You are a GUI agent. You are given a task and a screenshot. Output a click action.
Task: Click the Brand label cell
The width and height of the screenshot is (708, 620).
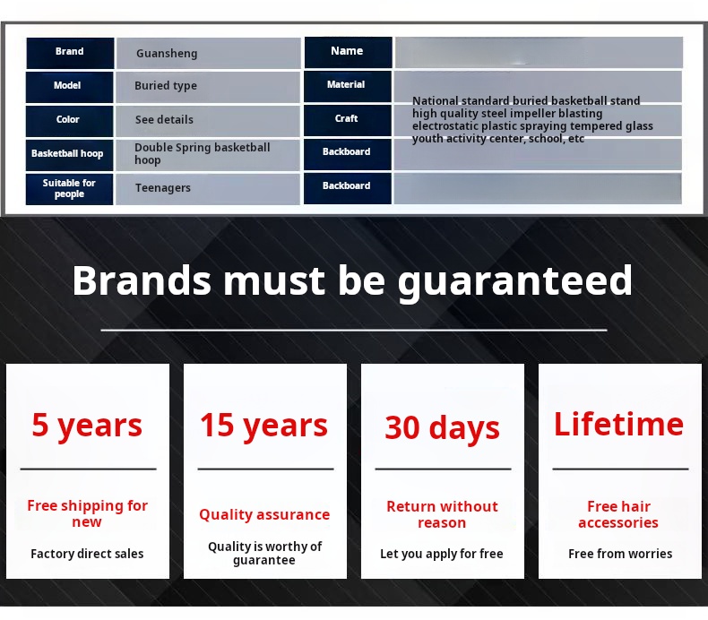(70, 53)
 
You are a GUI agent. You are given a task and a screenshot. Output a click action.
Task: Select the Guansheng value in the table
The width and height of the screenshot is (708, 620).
(167, 53)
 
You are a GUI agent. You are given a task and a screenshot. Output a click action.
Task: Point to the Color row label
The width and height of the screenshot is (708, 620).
(69, 121)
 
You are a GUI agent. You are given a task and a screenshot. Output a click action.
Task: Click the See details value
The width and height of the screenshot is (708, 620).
(164, 120)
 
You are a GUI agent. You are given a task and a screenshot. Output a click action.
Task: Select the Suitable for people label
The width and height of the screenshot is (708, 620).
(69, 189)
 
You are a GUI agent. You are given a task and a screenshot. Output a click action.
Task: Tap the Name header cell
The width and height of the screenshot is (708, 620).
(348, 52)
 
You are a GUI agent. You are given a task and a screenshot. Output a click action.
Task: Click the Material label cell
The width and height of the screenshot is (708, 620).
(347, 86)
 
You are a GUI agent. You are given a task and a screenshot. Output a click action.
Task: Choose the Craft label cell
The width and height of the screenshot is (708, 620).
(347, 120)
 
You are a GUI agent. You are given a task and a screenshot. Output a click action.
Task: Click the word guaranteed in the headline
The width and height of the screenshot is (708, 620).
(514, 281)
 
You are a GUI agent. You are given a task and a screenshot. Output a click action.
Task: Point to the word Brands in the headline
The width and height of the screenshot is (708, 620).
(142, 280)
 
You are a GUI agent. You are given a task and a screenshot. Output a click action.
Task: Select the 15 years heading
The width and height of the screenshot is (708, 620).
(263, 426)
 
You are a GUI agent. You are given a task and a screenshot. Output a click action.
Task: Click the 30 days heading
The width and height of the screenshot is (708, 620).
(442, 428)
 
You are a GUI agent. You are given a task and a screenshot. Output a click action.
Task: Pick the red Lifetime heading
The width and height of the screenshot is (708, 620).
(618, 424)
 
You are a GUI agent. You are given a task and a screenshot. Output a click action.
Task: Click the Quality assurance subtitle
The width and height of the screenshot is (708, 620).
(264, 515)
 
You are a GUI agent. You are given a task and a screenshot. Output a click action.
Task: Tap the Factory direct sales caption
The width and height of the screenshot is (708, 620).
(87, 554)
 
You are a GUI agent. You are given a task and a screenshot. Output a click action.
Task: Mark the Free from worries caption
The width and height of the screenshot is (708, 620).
(620, 554)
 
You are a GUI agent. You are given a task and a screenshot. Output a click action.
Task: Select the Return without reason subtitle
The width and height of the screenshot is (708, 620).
(442, 514)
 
